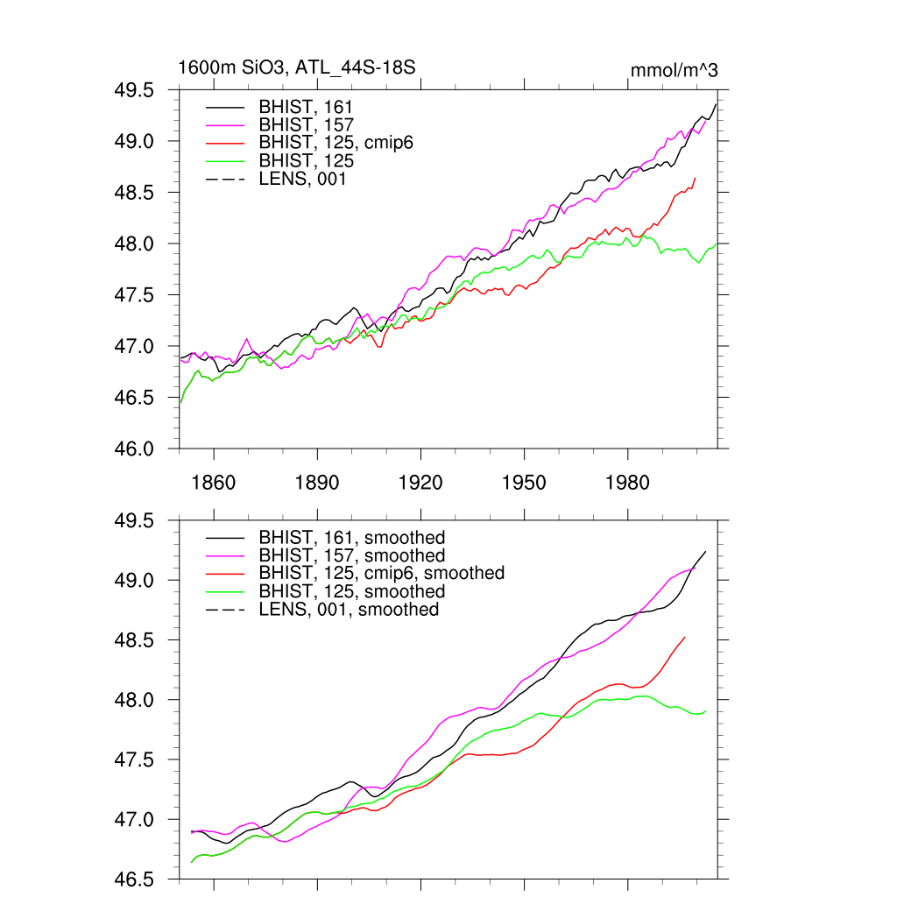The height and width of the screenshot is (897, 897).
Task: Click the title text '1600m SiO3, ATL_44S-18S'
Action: [296, 67]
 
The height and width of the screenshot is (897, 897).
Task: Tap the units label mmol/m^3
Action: [674, 69]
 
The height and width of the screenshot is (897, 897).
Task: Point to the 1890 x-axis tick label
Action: [317, 483]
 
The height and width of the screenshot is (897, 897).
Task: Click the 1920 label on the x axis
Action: [420, 483]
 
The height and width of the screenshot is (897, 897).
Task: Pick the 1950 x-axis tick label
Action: [524, 483]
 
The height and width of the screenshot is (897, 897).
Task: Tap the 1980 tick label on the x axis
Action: [627, 483]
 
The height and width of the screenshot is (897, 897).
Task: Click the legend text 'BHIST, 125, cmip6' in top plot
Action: [335, 143]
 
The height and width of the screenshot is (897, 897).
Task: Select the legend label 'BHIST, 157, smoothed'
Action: [352, 555]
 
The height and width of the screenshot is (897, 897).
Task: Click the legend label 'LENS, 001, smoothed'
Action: [349, 609]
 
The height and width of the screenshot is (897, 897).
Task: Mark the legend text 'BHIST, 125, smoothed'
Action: [352, 591]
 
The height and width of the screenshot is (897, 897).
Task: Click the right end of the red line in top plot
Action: [696, 178]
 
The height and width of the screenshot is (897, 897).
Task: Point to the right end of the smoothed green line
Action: [706, 711]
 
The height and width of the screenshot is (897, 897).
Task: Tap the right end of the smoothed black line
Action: [706, 551]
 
